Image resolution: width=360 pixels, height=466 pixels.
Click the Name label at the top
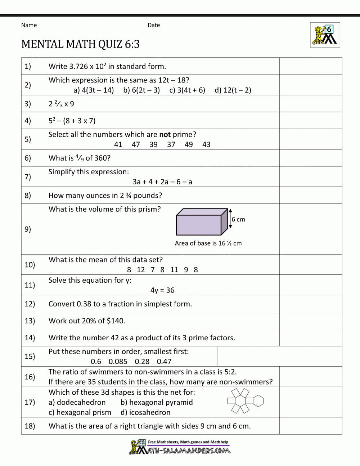[29, 25]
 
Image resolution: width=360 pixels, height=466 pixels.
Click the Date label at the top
[154, 25]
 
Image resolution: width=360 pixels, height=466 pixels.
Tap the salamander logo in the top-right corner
[325, 35]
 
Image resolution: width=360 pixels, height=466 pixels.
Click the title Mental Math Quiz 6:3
[80, 44]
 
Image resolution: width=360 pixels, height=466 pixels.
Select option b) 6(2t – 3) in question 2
[141, 90]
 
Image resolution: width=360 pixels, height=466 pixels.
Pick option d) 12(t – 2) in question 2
[233, 90]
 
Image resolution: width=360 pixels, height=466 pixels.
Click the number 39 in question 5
[153, 144]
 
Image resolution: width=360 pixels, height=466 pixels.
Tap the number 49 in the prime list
[189, 144]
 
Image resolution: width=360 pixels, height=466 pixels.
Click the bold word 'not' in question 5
[165, 134]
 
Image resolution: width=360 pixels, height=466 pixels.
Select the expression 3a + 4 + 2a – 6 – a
[162, 182]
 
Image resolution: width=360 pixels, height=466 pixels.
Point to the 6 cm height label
[238, 219]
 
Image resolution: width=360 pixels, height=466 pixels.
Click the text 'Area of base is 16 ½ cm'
[208, 243]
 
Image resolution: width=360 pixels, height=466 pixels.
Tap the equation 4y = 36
[162, 290]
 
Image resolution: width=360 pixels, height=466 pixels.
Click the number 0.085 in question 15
[118, 362]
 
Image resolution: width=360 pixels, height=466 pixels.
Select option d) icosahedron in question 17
[145, 412]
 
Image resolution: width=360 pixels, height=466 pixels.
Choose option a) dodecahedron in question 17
[77, 402]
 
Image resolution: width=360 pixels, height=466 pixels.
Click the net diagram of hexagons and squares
[245, 401]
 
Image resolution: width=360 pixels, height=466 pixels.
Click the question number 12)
[30, 304]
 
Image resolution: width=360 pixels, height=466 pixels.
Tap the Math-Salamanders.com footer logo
[180, 447]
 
